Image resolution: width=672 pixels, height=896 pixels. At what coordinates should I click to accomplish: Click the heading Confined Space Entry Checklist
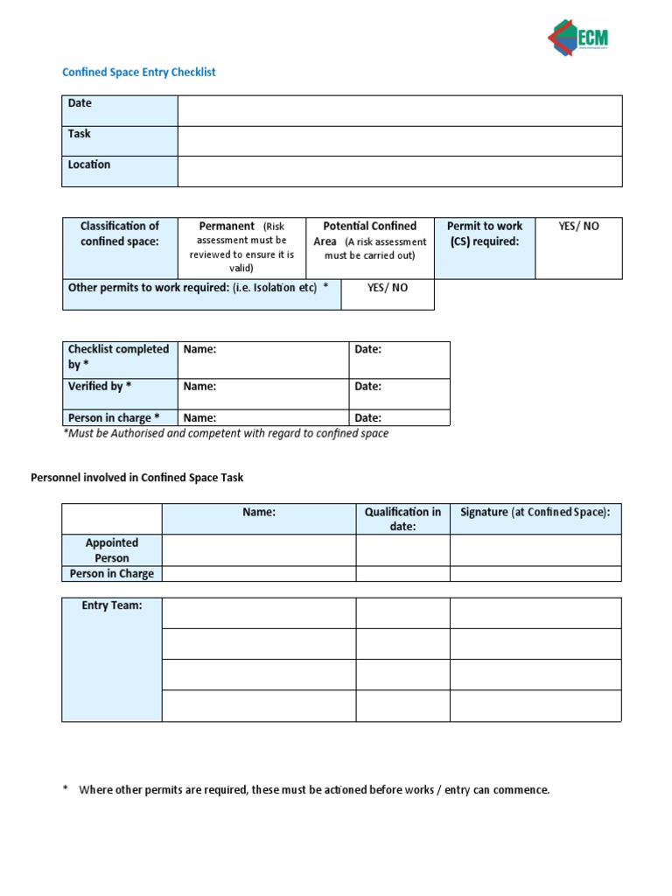click(138, 73)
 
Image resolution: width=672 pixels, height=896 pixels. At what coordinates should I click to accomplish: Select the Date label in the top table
click(80, 103)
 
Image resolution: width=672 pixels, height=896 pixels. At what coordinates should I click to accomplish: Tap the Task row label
click(80, 134)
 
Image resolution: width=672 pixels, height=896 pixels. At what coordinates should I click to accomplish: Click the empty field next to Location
click(399, 171)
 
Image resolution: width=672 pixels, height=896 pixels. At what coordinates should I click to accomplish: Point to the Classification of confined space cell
click(120, 234)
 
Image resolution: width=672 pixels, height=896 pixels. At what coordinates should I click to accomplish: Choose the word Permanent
click(227, 226)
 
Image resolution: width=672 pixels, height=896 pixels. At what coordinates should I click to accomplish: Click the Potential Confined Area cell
click(370, 240)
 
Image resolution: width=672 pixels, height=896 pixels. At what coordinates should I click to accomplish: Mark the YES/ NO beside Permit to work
click(578, 226)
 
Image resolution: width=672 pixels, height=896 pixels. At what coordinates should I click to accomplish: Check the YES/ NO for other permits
click(387, 288)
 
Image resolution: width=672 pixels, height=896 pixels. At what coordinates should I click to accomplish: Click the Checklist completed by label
click(118, 356)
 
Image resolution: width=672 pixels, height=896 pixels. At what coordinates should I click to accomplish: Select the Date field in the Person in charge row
click(399, 418)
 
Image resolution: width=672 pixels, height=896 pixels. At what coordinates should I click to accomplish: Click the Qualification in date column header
click(402, 519)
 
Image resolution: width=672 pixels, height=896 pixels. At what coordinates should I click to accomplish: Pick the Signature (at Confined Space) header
click(535, 513)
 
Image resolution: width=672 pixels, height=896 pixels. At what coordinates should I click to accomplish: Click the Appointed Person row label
click(112, 550)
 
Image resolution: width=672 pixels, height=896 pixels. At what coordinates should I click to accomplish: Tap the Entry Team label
click(112, 605)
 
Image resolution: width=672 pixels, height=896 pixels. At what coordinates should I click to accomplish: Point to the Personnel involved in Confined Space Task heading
click(137, 478)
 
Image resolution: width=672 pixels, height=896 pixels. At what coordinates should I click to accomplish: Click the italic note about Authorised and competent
click(226, 433)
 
